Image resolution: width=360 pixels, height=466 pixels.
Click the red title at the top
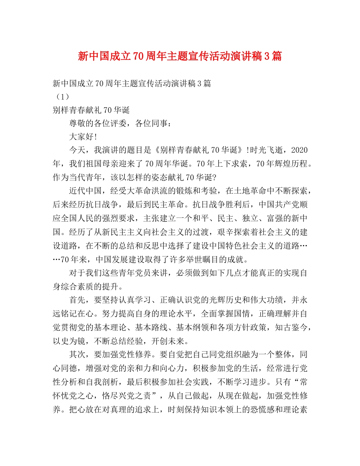pyautogui.click(x=180, y=57)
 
